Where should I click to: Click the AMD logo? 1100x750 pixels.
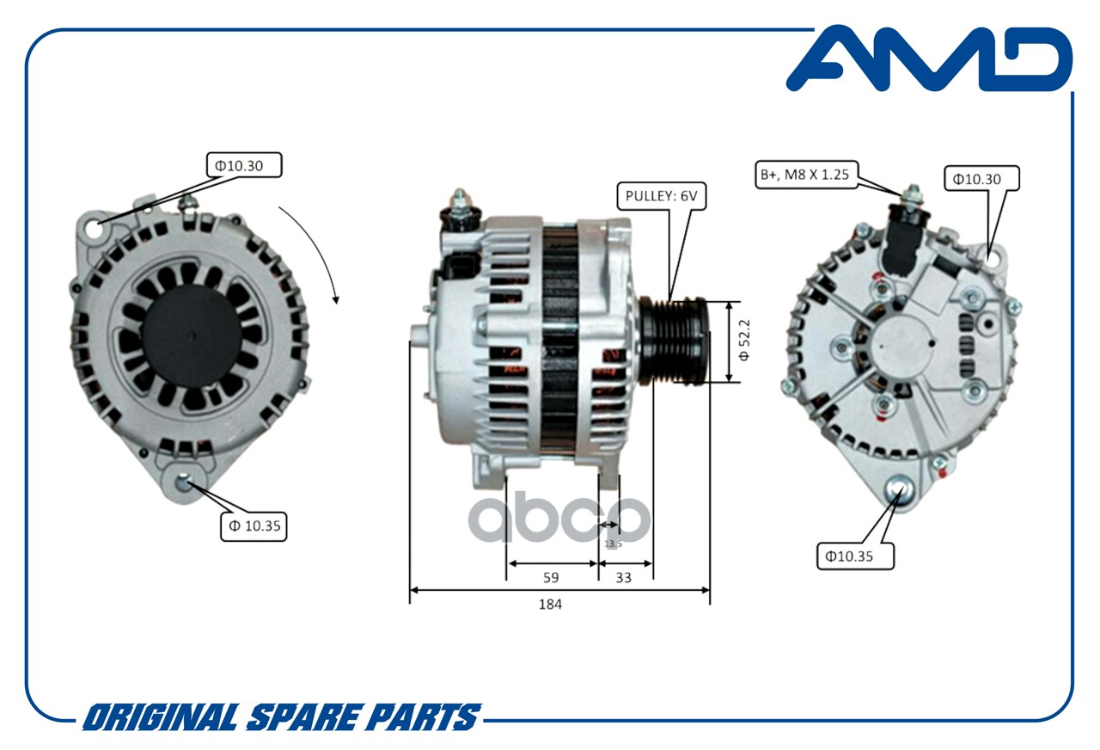(928, 58)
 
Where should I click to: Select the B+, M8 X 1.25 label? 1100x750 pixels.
(804, 175)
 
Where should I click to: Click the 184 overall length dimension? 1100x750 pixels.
(550, 604)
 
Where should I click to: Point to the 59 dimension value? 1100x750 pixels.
(550, 577)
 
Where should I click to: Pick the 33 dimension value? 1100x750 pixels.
(624, 577)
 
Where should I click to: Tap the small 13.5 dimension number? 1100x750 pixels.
(613, 544)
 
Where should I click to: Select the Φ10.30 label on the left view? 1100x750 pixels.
(244, 164)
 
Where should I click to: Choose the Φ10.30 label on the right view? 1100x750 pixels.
(983, 178)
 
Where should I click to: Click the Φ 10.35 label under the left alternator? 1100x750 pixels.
(254, 525)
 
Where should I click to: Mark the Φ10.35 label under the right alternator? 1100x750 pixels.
(855, 555)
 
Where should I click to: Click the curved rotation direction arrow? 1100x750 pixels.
(313, 249)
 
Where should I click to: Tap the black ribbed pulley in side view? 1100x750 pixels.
(674, 341)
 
